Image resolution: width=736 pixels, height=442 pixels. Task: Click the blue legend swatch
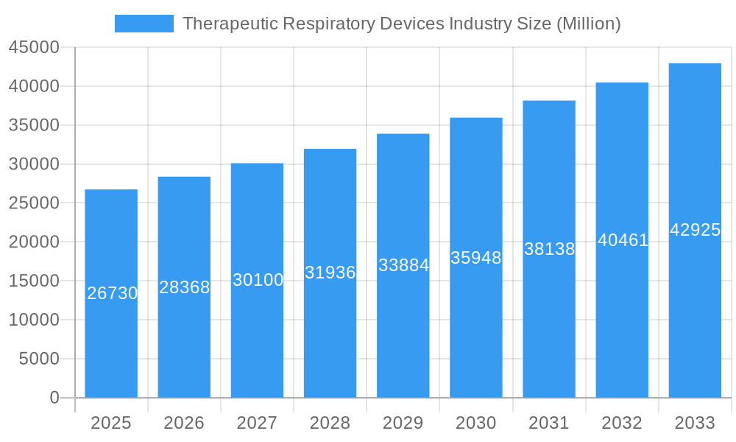point(144,24)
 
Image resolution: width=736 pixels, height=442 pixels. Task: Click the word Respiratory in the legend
point(330,24)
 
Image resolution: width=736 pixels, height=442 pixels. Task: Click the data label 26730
point(112,293)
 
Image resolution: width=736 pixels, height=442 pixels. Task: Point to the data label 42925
point(695,230)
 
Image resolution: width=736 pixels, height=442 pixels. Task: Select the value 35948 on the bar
point(475,258)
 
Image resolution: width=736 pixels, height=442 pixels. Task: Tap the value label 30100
point(258,280)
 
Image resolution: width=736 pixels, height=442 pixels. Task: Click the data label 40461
point(623,240)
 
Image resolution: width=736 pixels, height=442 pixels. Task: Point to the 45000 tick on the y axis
point(34,47)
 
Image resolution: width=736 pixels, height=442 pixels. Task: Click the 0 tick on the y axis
point(54,398)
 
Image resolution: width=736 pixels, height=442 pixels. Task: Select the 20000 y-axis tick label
point(34,242)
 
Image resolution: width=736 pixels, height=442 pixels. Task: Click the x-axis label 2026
point(184,423)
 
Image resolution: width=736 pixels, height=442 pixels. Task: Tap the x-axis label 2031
point(549,423)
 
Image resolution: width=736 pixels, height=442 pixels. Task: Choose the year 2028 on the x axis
point(330,423)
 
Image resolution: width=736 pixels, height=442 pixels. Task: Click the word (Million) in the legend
point(588,24)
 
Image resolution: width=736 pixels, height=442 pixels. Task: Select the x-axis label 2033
point(695,423)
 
